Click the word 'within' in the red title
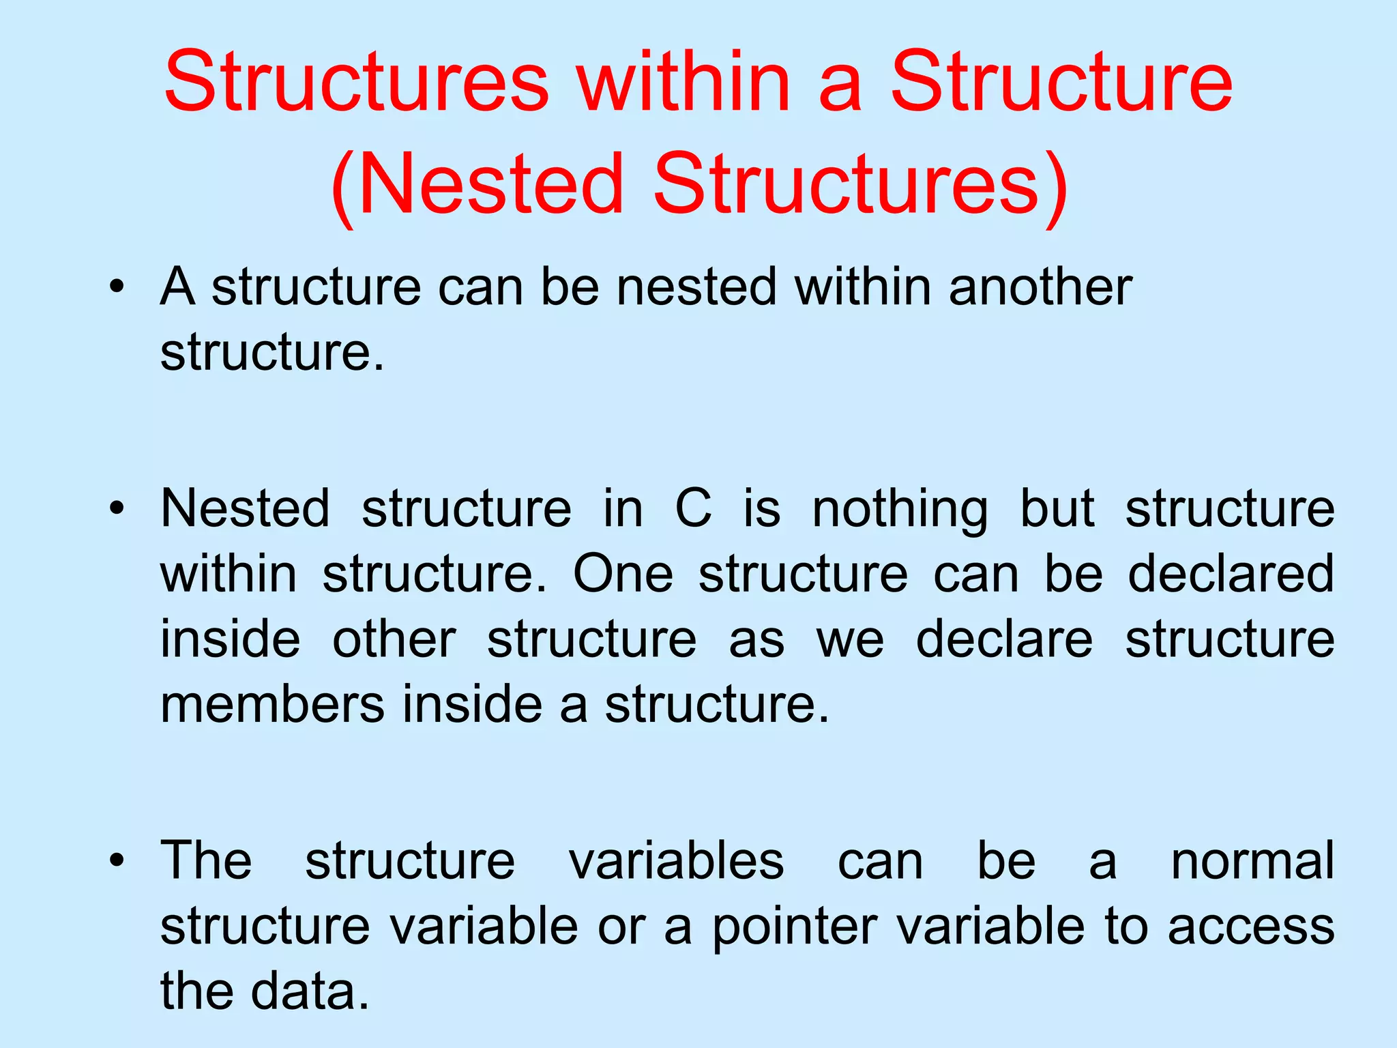684,82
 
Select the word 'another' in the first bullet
1040,287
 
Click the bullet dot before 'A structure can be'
118,287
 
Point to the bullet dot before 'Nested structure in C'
118,508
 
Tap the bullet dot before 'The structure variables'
118,860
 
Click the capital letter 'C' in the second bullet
693,508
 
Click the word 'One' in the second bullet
623,574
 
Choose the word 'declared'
1231,574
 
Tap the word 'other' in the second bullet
394,639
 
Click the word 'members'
272,705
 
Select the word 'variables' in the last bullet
676,860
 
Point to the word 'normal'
1252,860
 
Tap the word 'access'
1251,927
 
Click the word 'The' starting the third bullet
206,860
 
